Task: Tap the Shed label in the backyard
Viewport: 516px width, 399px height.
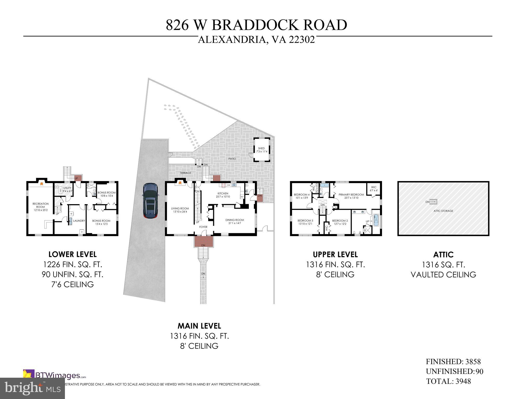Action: tap(262, 150)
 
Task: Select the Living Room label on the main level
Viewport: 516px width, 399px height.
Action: tap(180, 210)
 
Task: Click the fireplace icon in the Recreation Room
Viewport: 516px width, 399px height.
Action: tap(41, 183)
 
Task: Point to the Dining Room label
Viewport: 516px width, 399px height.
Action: tap(234, 222)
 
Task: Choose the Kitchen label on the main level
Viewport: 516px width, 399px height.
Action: tap(223, 195)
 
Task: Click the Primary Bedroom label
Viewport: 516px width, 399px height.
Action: tap(351, 196)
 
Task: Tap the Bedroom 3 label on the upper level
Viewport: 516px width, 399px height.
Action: tap(305, 222)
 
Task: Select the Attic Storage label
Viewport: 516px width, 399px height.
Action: tap(443, 211)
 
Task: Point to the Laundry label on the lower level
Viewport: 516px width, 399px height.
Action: tap(79, 221)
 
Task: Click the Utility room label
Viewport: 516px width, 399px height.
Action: tap(67, 189)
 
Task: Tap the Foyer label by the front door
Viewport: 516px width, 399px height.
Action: tap(203, 227)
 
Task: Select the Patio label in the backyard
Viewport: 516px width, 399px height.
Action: tap(232, 158)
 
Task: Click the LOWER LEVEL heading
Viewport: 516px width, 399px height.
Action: tap(72, 254)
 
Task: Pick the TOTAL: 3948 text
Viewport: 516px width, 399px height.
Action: tap(448, 381)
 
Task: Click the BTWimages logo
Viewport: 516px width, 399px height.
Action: tap(55, 375)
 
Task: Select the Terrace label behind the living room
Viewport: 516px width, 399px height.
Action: tap(185, 173)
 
